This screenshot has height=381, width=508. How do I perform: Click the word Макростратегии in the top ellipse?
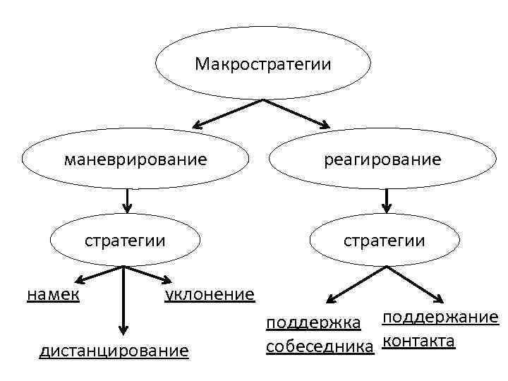coord(262,65)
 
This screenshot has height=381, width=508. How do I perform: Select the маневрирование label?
coord(136,159)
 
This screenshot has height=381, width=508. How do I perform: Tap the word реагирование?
coord(383,159)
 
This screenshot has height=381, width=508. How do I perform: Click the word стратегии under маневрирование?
coord(126,240)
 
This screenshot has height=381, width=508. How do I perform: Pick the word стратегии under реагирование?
coord(385,240)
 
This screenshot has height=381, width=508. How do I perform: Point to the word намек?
coord(53,294)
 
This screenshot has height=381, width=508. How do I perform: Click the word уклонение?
coord(210,294)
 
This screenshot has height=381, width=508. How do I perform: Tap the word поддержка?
coord(313,323)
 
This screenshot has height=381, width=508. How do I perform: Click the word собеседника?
coord(319,346)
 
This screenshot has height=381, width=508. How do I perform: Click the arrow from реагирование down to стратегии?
coord(387,200)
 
